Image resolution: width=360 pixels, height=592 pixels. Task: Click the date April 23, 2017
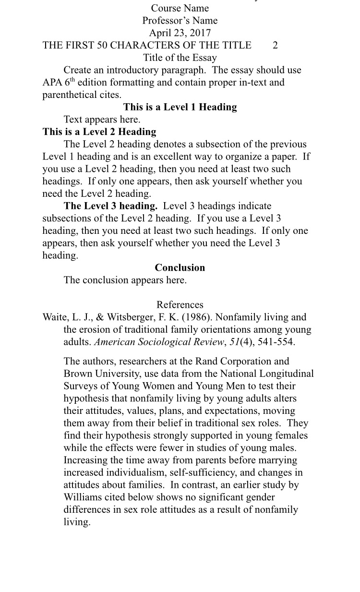(180, 33)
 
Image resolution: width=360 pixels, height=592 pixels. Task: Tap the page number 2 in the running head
(275, 46)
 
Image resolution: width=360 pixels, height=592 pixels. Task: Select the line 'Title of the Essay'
(180, 58)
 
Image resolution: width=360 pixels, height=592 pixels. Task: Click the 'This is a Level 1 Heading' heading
(180, 107)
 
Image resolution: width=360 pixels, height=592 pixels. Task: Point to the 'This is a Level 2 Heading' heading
(99, 132)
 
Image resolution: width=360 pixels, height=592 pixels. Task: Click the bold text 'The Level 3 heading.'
(110, 206)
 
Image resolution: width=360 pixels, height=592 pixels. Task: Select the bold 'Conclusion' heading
(180, 267)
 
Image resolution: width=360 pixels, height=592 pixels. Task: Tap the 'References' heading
(180, 304)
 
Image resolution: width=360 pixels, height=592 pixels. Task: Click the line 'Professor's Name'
(180, 21)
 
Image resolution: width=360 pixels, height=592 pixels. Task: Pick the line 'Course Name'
(180, 8)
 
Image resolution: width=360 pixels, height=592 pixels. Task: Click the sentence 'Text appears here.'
(102, 120)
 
